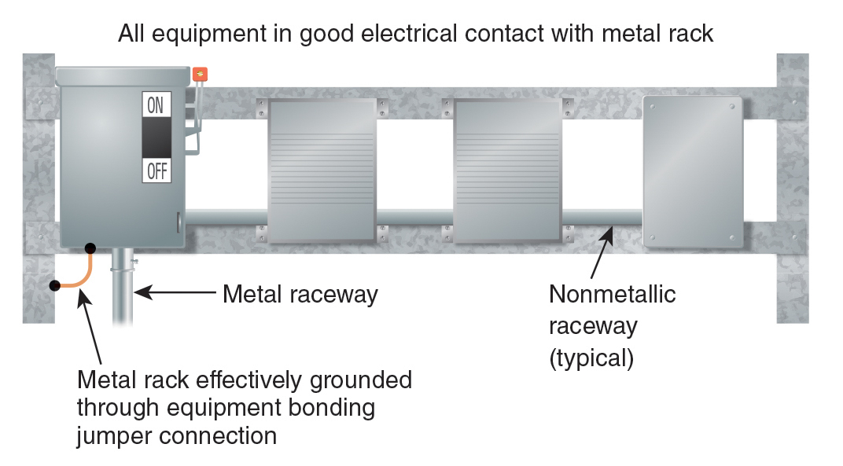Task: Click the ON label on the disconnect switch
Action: [156, 105]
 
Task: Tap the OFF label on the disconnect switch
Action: [156, 171]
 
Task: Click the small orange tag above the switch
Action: [201, 75]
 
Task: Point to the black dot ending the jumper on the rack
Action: [53, 284]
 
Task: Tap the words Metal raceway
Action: [300, 295]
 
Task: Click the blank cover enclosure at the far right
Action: [693, 171]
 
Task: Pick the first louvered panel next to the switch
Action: [322, 171]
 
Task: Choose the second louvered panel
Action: [507, 171]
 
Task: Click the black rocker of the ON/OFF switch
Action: [156, 138]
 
